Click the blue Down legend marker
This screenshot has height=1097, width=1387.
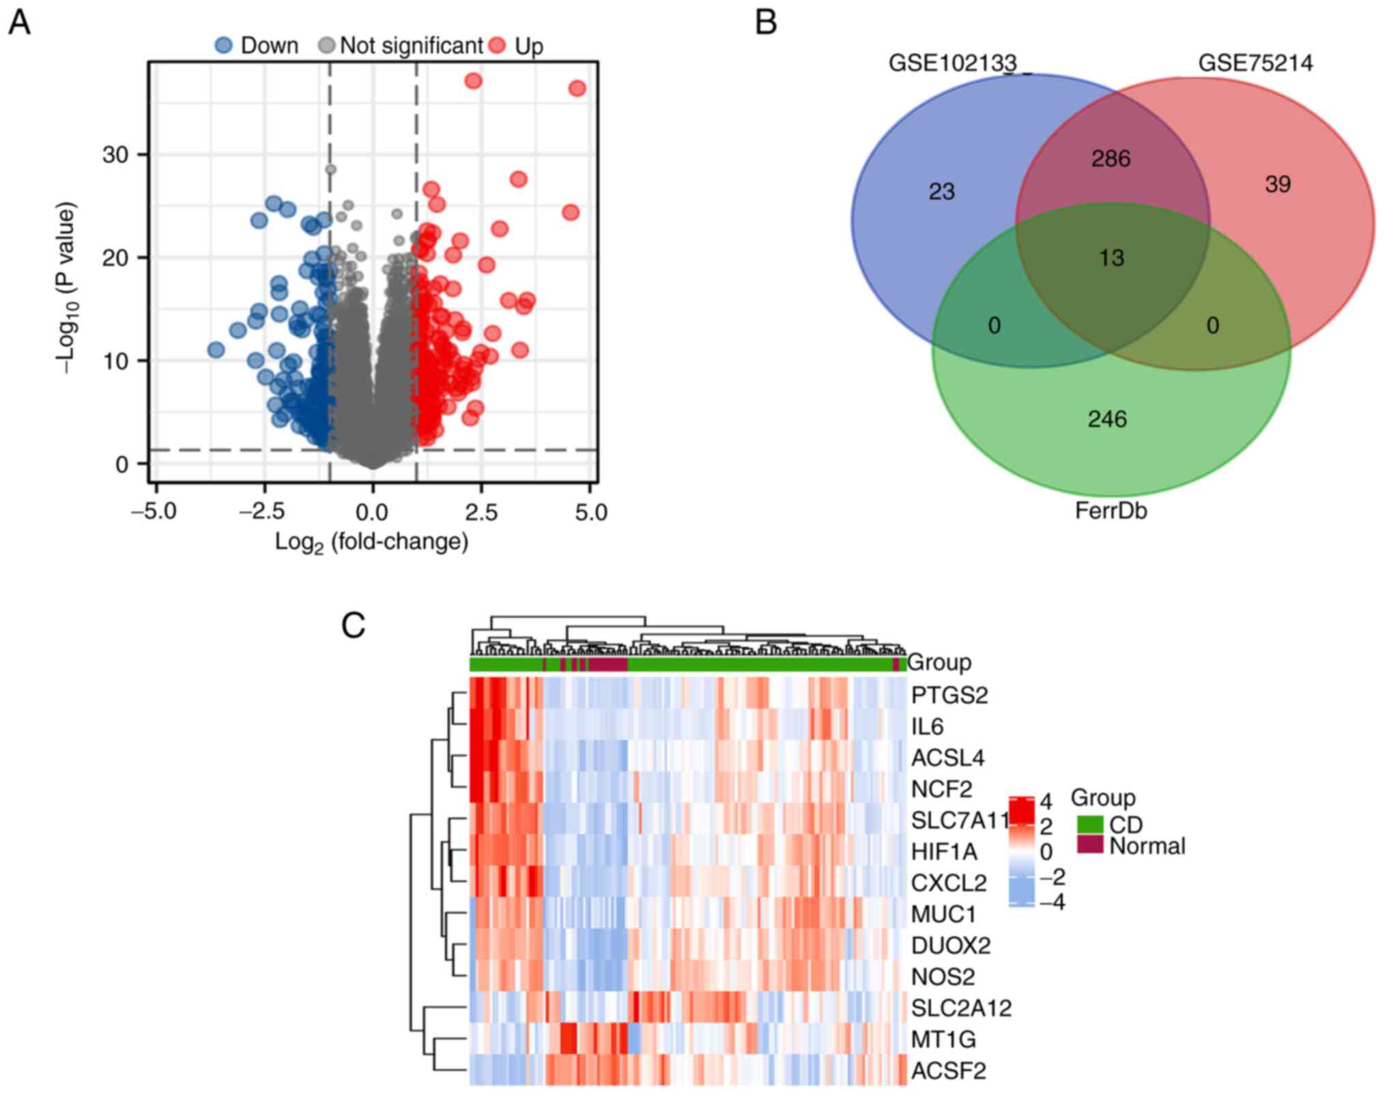click(223, 46)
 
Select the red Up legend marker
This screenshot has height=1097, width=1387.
click(498, 46)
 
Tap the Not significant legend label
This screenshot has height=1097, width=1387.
click(411, 46)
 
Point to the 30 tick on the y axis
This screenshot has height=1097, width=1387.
click(115, 155)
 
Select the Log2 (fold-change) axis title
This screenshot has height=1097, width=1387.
click(372, 542)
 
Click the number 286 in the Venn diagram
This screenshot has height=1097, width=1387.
click(1111, 159)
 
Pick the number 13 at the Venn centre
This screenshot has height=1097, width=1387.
click(1111, 258)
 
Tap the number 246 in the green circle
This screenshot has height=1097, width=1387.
click(1107, 419)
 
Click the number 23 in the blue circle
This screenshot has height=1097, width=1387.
click(941, 192)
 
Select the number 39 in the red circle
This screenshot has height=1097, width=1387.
click(1278, 184)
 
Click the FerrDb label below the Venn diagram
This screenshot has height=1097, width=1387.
click(1111, 511)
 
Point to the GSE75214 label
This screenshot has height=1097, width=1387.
click(1255, 63)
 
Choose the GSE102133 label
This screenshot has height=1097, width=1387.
click(952, 63)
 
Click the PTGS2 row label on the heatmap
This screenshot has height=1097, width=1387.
click(949, 696)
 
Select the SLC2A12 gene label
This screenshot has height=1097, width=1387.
click(961, 1008)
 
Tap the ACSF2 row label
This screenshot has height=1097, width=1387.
click(949, 1070)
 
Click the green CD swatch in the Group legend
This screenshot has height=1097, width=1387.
click(1090, 825)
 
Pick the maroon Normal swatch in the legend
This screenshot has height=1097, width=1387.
click(1090, 846)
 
